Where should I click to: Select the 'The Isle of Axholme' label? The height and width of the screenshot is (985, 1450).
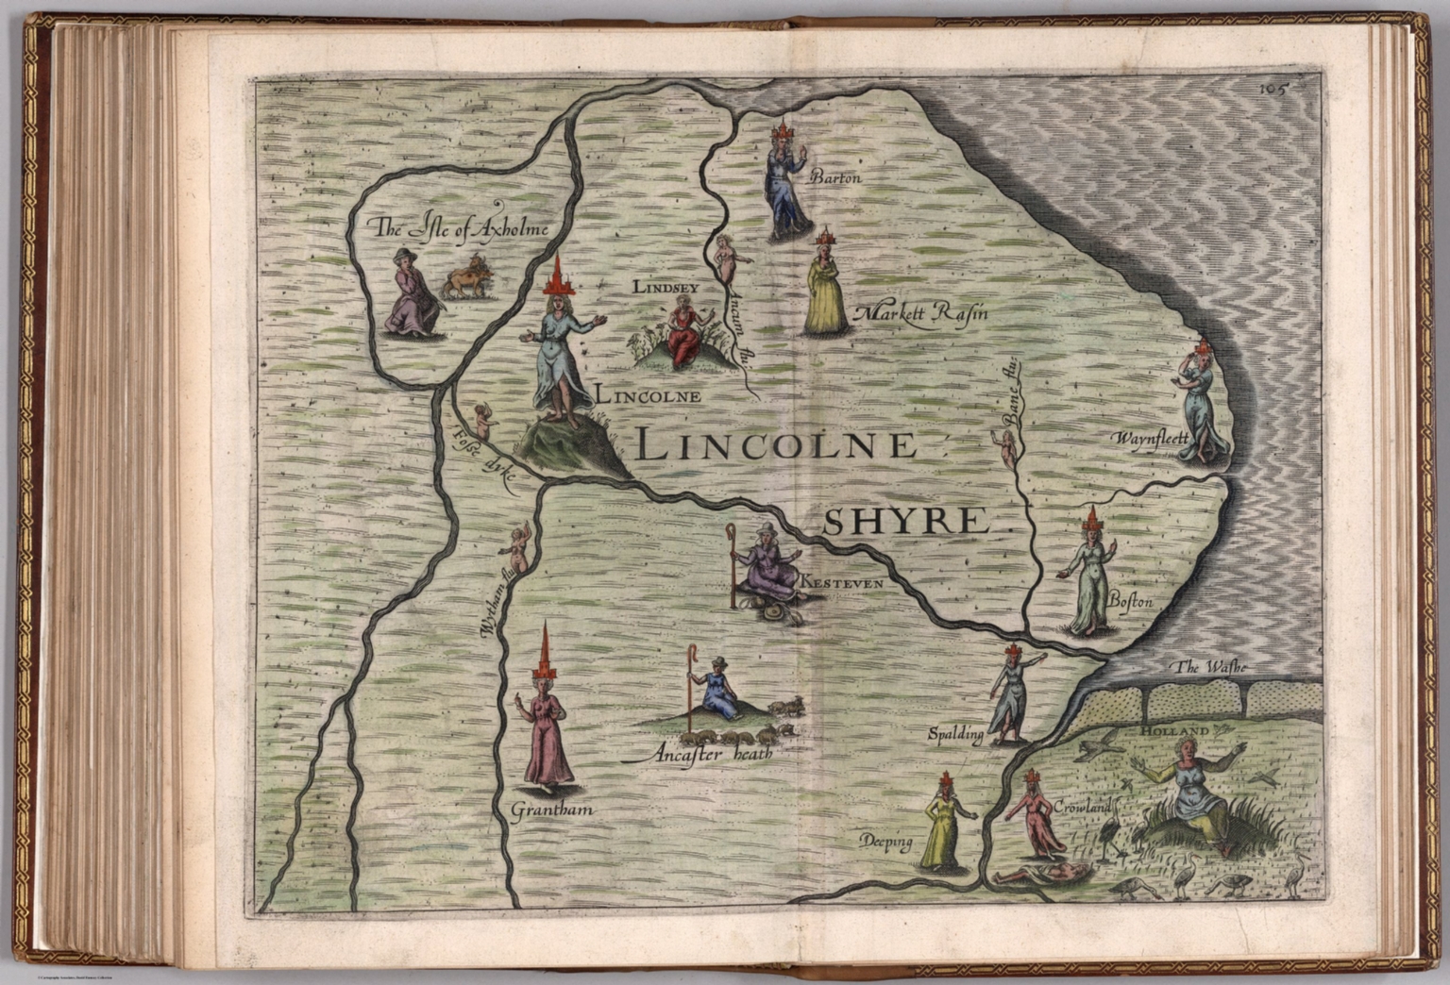tap(460, 226)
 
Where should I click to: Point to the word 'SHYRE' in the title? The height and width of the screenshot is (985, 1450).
tap(904, 521)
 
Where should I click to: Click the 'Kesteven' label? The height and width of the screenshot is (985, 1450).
tap(841, 584)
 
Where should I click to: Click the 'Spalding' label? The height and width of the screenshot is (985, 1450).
tap(955, 733)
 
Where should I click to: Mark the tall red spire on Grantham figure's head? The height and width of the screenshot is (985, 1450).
tap(546, 651)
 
